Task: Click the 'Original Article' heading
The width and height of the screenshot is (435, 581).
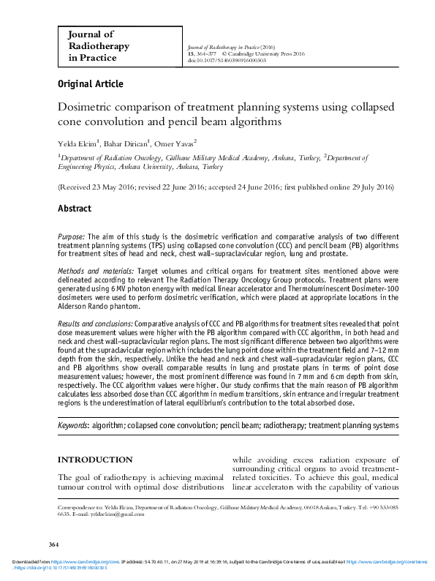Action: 90,84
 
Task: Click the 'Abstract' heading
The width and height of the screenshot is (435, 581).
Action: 76,209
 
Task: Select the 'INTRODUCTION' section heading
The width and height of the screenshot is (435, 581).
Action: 95,460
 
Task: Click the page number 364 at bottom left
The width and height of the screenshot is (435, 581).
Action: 52,544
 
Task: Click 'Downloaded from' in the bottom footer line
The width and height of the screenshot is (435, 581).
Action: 28,559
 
